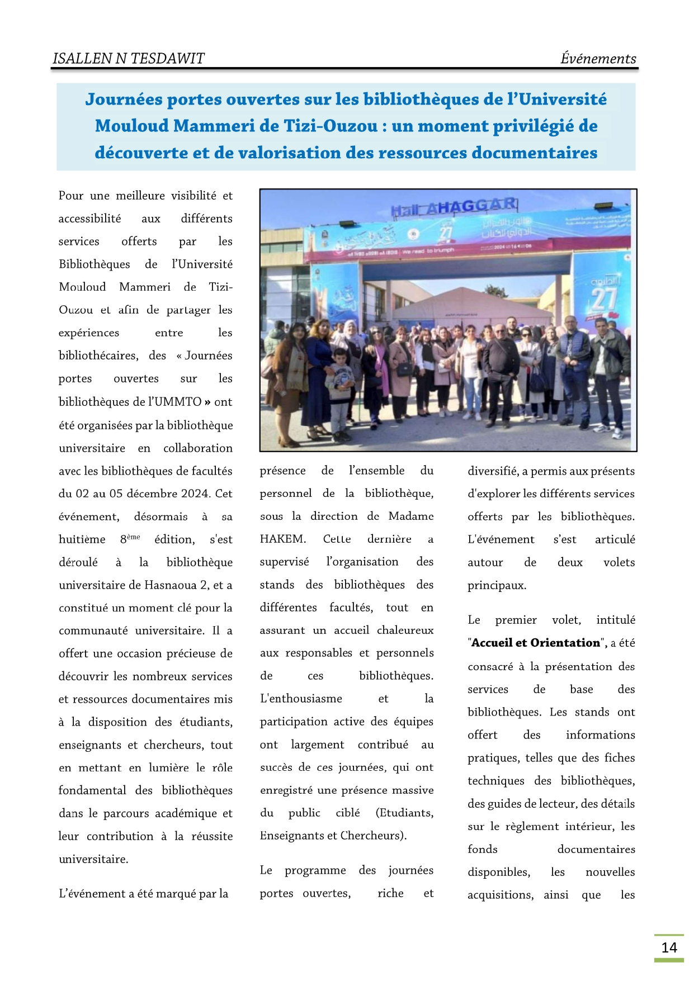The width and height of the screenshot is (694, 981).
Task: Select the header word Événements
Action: point(598,59)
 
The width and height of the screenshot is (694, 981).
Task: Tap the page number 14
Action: point(669,947)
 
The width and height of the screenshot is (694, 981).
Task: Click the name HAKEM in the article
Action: point(282,539)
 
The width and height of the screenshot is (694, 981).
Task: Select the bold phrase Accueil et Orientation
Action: point(536,643)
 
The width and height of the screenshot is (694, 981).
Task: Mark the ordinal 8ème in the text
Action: point(130,539)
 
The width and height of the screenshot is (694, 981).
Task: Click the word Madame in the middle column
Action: point(411,516)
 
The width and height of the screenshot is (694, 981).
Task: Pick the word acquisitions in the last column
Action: point(501,895)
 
